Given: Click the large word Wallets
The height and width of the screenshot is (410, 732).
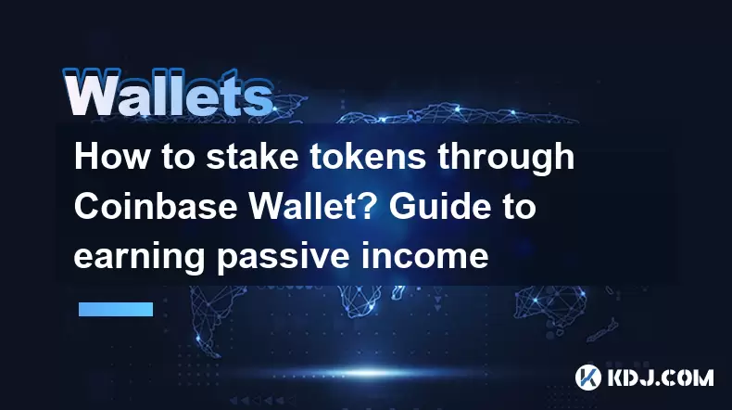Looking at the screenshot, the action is [x=168, y=93].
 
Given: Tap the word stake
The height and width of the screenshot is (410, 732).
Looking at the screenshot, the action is [x=252, y=157].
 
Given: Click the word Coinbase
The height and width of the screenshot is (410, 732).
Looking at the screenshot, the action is [x=156, y=206].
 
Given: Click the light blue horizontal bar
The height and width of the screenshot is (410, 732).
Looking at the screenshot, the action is [x=116, y=309].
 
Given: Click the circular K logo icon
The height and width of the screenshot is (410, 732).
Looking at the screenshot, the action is [x=588, y=378].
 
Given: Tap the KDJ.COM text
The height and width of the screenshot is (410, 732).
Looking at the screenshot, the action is [x=660, y=378].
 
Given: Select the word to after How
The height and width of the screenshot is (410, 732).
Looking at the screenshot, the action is [x=178, y=157].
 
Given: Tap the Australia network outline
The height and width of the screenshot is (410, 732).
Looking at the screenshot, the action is [x=551, y=306].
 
